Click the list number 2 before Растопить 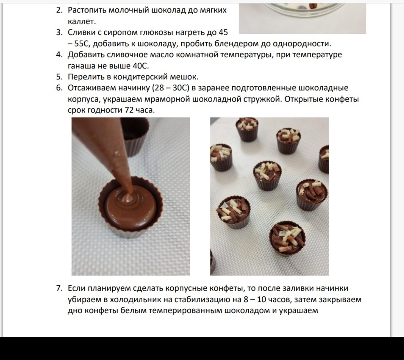coord(59,10)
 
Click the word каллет coord(82,21)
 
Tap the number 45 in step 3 coord(223,32)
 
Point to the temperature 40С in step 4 coord(141,66)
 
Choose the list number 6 coord(59,88)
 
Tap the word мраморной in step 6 coord(167,99)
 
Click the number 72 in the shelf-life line coord(129,110)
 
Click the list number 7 coord(59,288)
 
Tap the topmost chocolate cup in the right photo coord(247,130)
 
